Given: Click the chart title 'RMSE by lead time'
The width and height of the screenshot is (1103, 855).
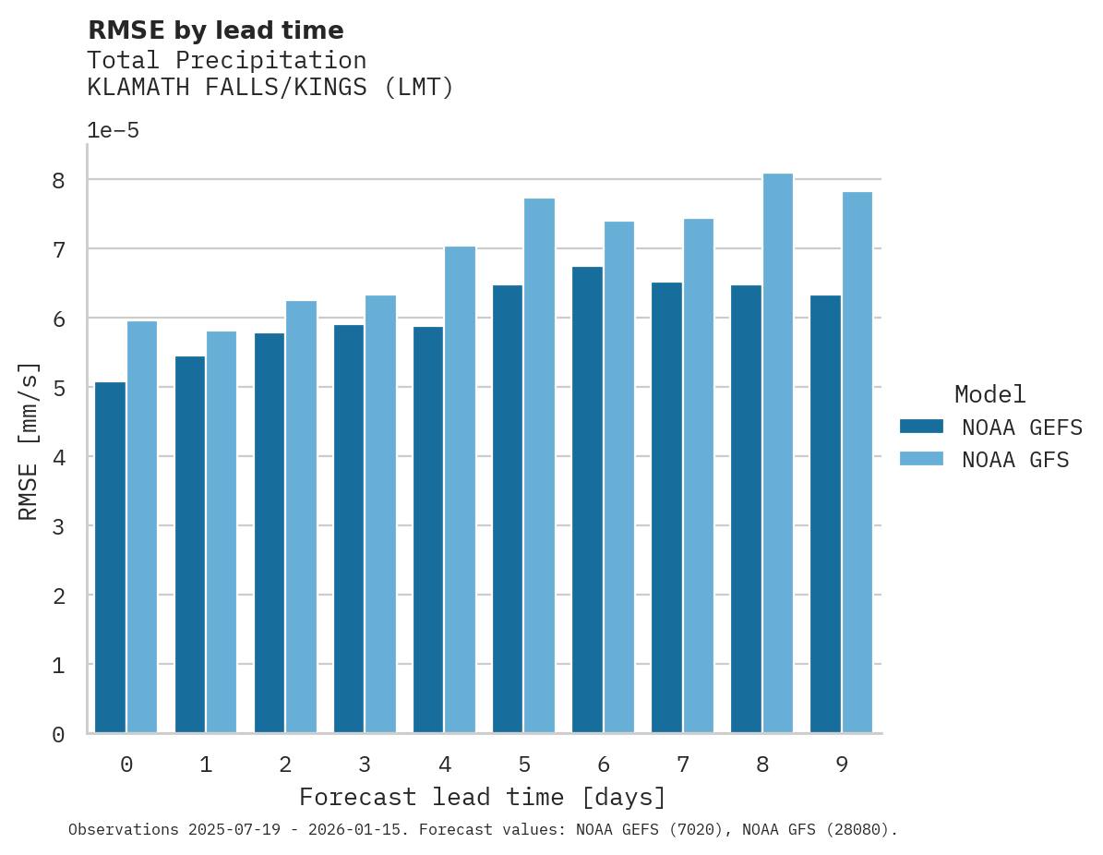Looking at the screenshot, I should [x=215, y=30].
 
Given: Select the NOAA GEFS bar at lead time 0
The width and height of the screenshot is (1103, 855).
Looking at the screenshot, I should [x=110, y=557].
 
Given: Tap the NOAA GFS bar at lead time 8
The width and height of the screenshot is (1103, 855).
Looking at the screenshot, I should [x=777, y=453].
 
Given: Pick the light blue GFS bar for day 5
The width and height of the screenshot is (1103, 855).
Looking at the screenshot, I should [x=539, y=465].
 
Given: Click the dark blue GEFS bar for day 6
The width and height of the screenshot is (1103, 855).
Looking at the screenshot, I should [x=587, y=500].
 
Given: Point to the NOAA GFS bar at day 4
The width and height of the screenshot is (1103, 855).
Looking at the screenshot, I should [x=460, y=489].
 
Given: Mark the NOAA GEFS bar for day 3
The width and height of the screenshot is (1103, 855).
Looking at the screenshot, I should [x=349, y=528].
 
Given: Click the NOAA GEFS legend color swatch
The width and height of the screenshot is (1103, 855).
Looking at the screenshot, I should [x=921, y=426].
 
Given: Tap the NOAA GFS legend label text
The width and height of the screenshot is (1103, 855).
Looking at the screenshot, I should [x=1015, y=460].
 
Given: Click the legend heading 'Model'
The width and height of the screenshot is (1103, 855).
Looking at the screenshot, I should [x=989, y=394].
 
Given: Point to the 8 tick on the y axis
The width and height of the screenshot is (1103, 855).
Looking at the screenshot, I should [x=58, y=180].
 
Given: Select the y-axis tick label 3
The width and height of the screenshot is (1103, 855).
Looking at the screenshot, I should [x=58, y=526].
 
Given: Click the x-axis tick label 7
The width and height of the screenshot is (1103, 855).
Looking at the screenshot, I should [x=683, y=765].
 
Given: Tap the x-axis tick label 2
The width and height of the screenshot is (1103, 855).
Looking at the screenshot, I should [x=285, y=765].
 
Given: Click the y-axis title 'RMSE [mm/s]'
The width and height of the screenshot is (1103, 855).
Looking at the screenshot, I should [x=29, y=440].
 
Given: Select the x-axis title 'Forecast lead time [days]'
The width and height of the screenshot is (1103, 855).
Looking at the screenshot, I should [x=483, y=797].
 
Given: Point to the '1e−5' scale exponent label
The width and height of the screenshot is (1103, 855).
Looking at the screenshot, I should [x=114, y=130].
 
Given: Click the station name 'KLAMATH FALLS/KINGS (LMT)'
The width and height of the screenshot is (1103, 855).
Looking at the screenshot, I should [x=270, y=88].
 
